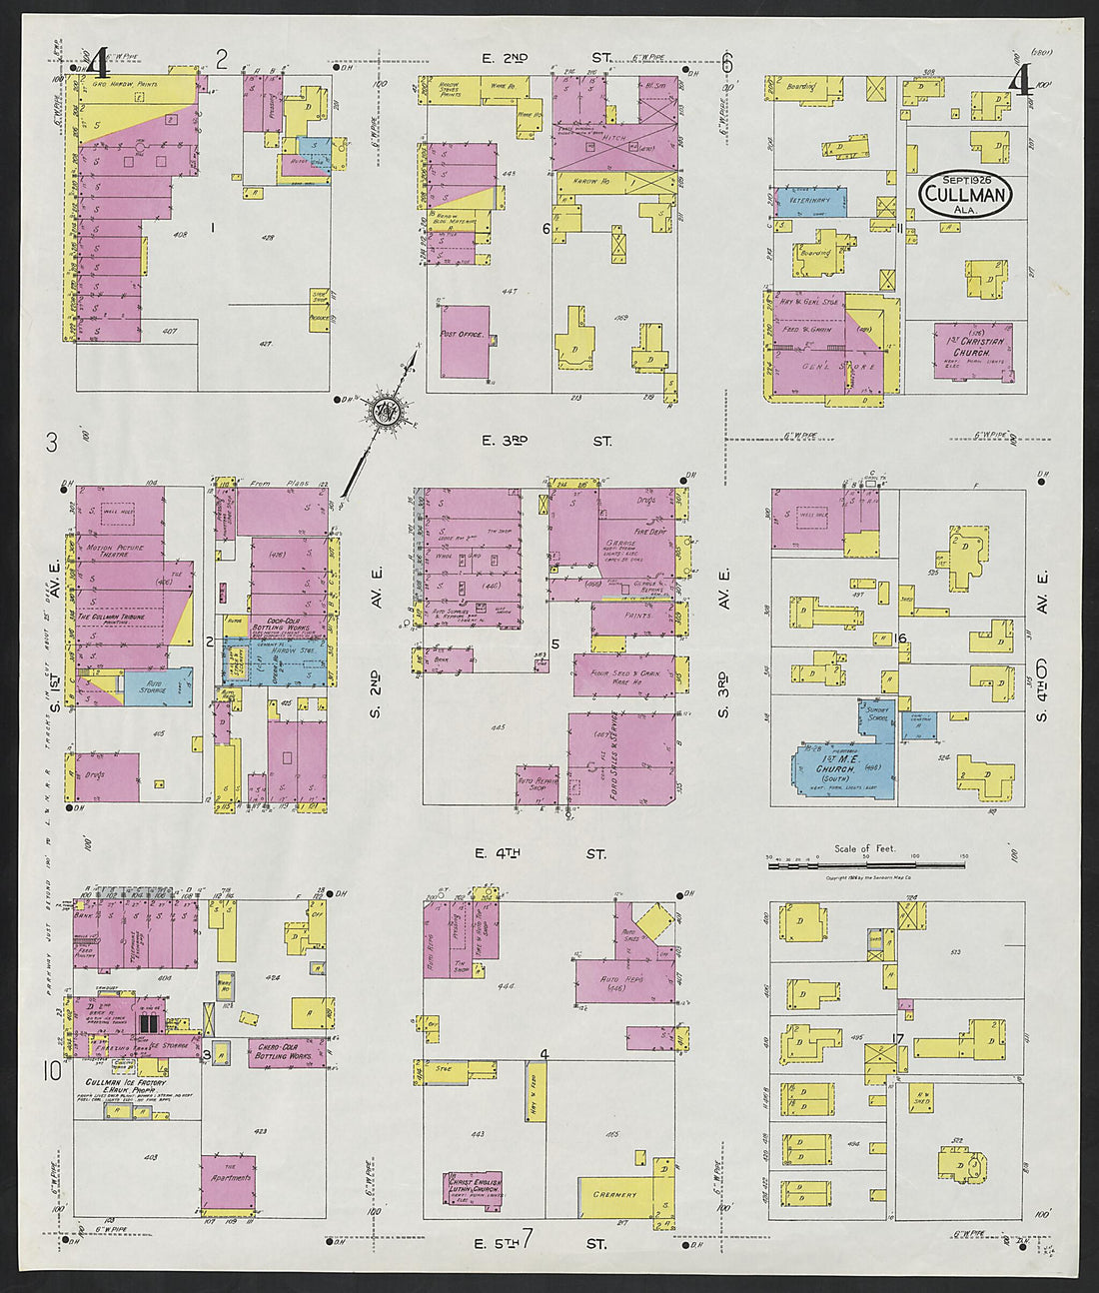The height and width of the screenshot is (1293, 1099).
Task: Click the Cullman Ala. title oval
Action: click(965, 191)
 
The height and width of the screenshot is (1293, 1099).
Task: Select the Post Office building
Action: click(465, 341)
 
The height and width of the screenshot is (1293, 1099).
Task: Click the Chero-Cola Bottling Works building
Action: click(286, 1051)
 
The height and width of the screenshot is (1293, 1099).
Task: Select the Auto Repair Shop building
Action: click(538, 785)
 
